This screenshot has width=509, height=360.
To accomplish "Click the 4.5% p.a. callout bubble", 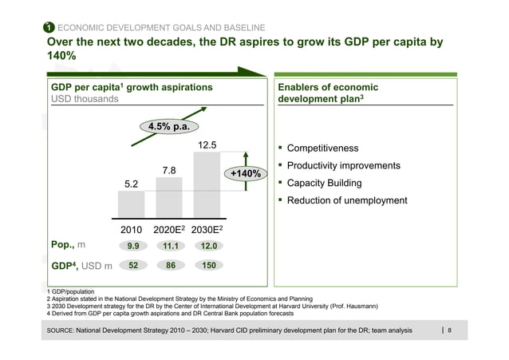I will pos(169,126).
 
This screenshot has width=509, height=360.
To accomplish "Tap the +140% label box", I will pos(245,174).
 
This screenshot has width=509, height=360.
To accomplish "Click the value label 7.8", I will pos(169,170).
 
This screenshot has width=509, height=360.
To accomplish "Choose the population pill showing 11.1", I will pos(169,246).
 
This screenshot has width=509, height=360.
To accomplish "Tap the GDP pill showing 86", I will pos(169,265).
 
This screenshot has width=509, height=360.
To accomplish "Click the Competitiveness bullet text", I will pos(322,148).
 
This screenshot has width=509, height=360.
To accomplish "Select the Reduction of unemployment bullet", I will pos(347,200).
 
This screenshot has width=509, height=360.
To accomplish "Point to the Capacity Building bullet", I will pos(324,184).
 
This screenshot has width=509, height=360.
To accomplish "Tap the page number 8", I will pos(450,330).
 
